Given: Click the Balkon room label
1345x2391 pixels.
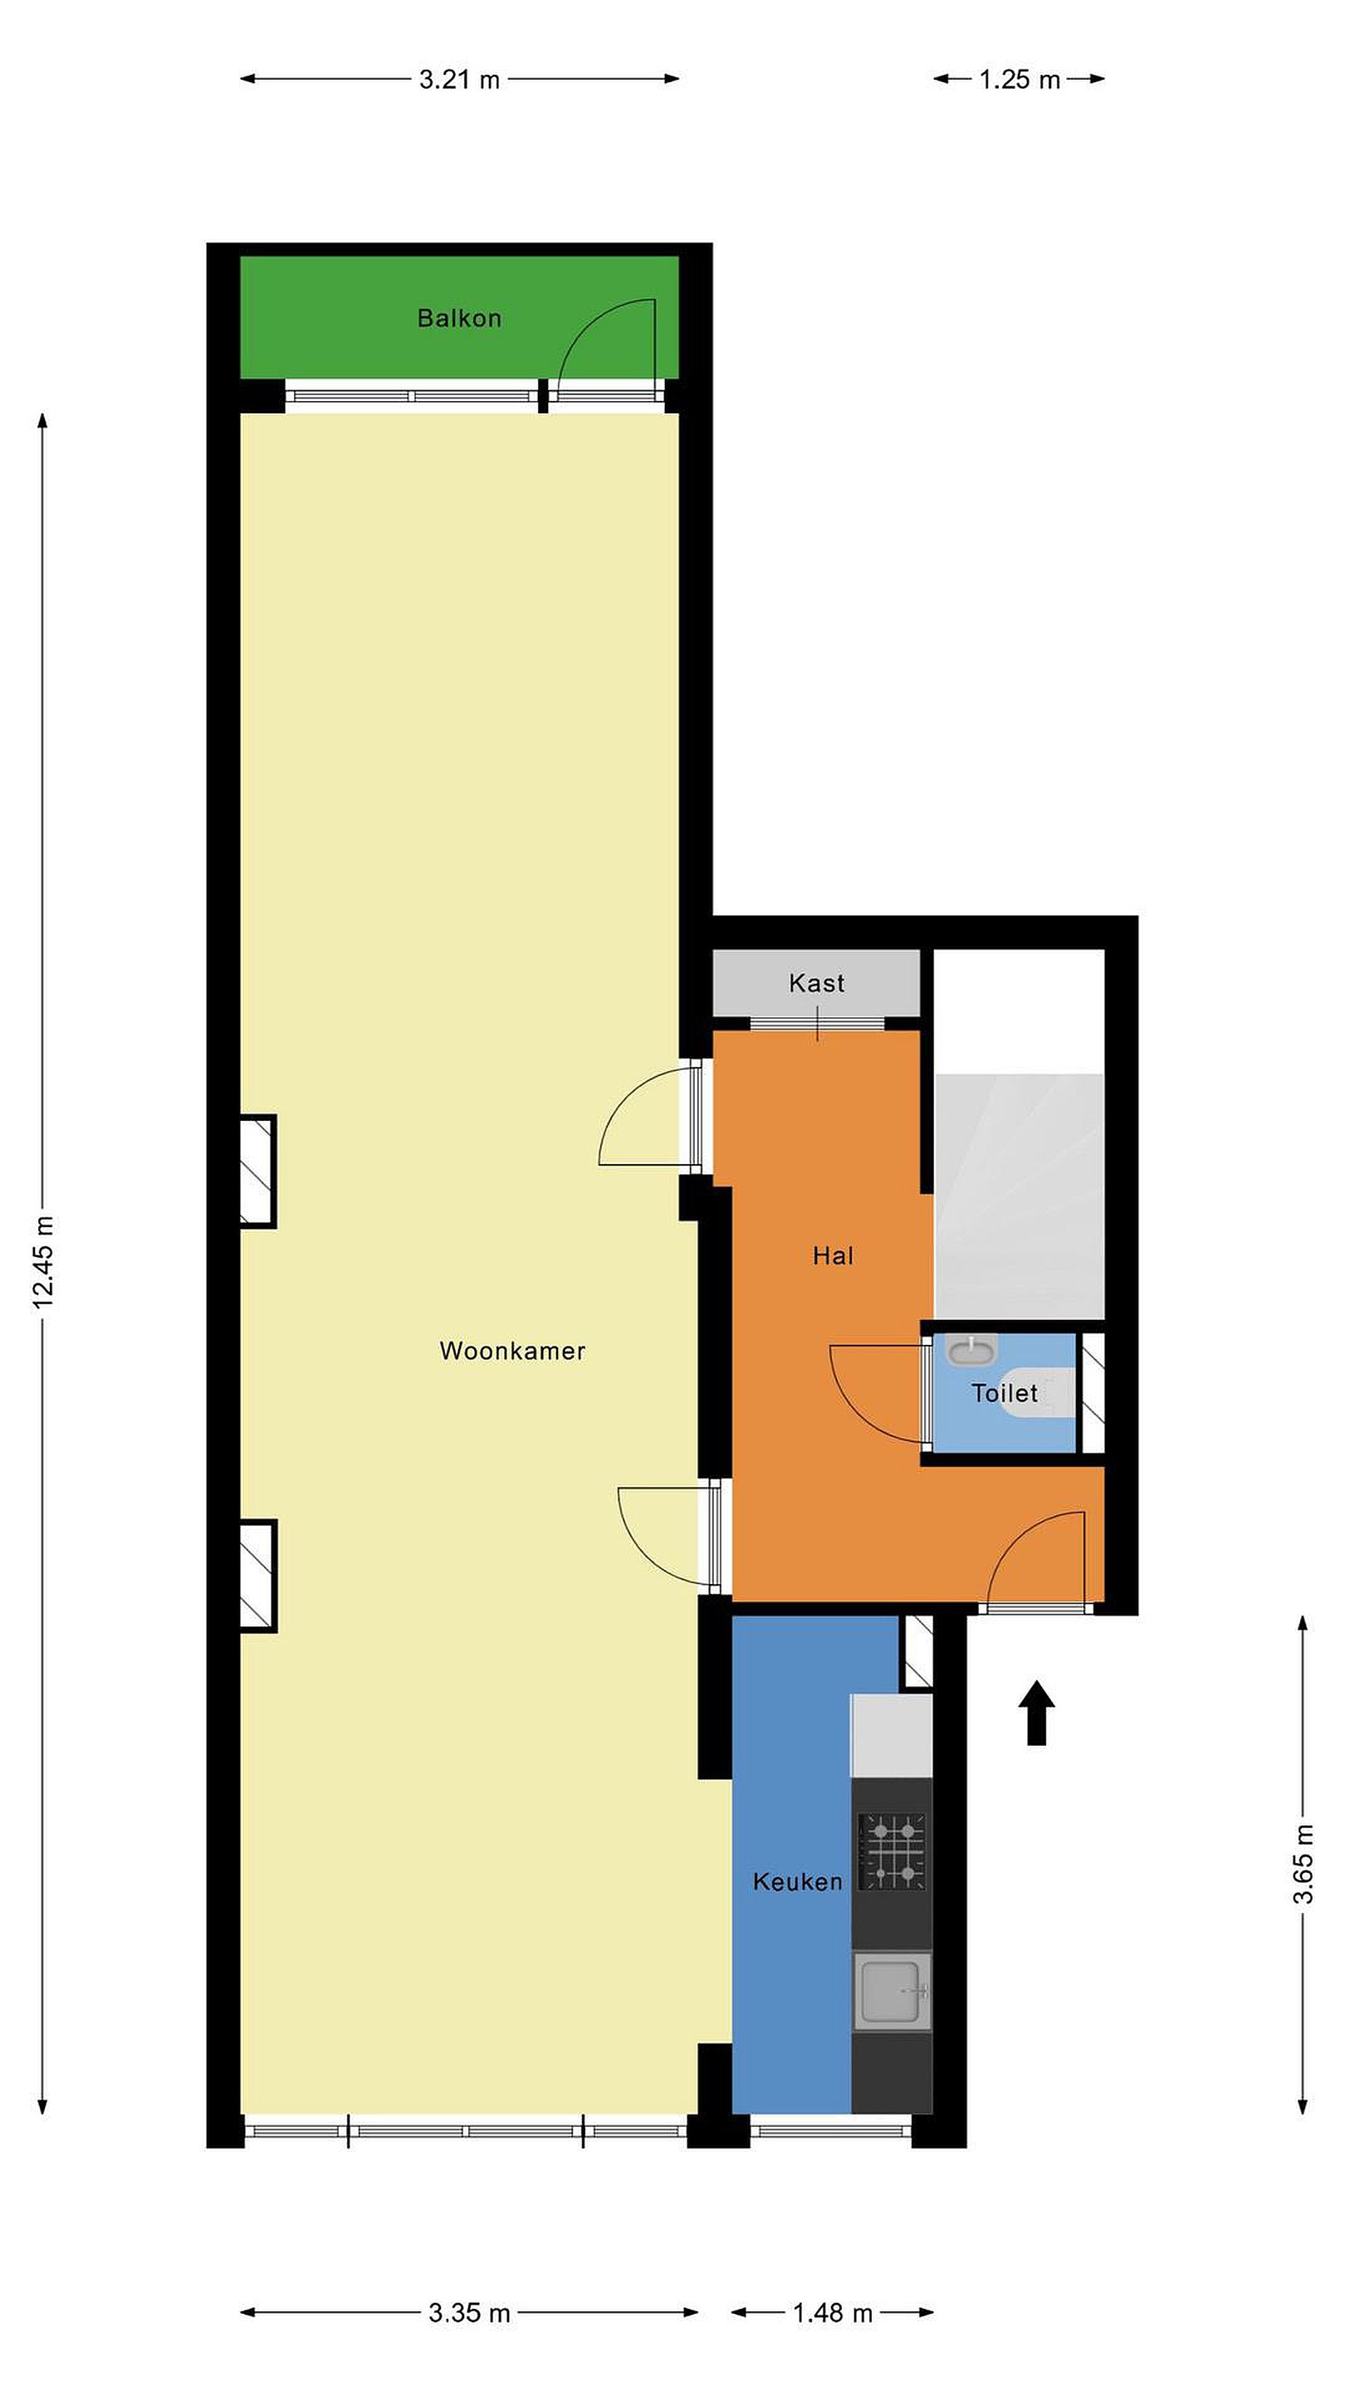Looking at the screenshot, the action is pyautogui.click(x=458, y=318).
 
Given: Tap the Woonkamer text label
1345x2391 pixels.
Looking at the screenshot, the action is pyautogui.click(x=512, y=1351).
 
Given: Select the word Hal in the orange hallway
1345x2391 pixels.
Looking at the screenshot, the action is pyautogui.click(x=833, y=1256).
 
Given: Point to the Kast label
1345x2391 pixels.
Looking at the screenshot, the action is pyautogui.click(x=817, y=983).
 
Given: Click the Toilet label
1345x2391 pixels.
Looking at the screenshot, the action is pyautogui.click(x=1005, y=1392).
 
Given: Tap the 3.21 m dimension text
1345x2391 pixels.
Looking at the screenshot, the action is pyautogui.click(x=459, y=80).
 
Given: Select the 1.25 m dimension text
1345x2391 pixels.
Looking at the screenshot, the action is pyautogui.click(x=1020, y=80).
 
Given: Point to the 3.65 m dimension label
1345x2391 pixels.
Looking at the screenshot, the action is pyautogui.click(x=1304, y=1864).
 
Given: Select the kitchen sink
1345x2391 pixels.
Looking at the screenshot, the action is pyautogui.click(x=892, y=1990).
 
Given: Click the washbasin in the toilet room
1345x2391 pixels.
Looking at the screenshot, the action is pyautogui.click(x=971, y=1348).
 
